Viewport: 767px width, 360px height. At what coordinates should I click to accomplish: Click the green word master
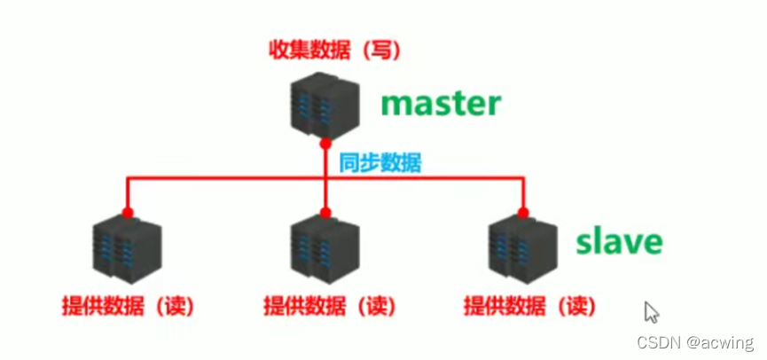[441, 103]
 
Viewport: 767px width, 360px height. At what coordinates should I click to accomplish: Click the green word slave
[619, 239]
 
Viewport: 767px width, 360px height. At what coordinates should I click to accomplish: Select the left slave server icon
[128, 251]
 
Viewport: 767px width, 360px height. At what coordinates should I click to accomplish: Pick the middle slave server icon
[325, 251]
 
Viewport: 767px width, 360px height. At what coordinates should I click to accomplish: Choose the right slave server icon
[523, 251]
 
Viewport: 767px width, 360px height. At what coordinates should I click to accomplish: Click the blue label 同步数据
[380, 163]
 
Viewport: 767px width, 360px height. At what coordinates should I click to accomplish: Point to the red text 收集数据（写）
[335, 50]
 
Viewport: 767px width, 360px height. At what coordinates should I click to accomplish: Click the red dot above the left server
[128, 213]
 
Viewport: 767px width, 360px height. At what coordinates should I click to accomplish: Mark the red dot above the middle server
[325, 213]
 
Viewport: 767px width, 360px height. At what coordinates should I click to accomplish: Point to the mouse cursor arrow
[652, 312]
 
